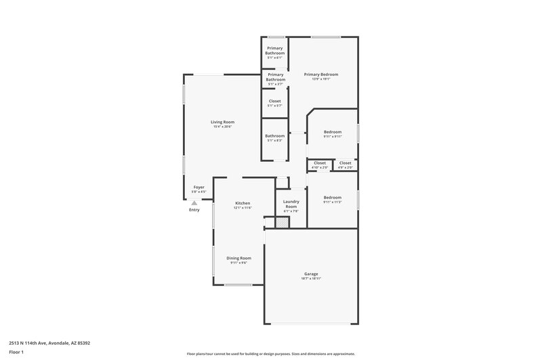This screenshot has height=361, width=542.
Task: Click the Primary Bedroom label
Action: (320, 75)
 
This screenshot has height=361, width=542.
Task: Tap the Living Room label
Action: (222, 123)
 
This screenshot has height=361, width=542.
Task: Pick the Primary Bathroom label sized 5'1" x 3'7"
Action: (275, 78)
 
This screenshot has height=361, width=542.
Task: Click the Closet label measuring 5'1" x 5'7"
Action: (275, 102)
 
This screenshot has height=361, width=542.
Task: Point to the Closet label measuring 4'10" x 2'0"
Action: (320, 163)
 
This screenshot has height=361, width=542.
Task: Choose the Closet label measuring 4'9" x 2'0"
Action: (346, 163)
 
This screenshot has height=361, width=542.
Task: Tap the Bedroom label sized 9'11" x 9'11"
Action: (333, 133)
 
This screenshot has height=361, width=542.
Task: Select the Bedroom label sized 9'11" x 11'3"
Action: (333, 198)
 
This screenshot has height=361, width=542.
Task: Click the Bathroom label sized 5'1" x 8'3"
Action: (275, 136)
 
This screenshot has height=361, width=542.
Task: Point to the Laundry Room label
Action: (291, 203)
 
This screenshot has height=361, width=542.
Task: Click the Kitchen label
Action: (243, 204)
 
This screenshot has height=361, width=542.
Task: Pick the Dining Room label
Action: (238, 259)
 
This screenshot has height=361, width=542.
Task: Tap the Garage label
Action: (310, 275)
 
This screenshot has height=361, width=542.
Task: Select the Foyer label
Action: (199, 188)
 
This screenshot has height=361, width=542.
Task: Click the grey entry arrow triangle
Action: (194, 203)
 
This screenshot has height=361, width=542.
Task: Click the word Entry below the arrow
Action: (194, 210)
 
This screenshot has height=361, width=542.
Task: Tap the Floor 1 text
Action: (16, 353)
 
